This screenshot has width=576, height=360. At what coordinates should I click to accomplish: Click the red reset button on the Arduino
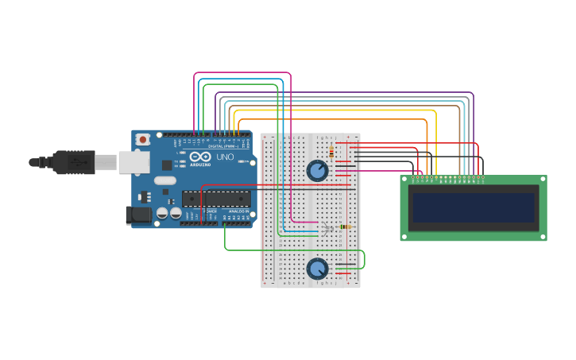(142, 140)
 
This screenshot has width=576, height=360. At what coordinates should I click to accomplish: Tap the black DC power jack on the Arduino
(138, 215)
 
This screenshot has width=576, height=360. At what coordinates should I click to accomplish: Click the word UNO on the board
(225, 157)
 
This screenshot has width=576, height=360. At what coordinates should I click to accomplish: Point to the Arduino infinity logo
(199, 157)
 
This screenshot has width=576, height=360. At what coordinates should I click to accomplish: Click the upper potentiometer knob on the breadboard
(317, 170)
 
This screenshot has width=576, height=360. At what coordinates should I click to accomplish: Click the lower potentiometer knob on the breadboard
(318, 269)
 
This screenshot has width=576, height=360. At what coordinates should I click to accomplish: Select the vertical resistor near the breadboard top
(331, 153)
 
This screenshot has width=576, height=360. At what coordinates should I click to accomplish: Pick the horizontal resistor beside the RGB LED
(345, 226)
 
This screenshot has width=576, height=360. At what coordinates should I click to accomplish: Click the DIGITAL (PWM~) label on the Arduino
(222, 146)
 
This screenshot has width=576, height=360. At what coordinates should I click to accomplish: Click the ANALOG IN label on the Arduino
(238, 211)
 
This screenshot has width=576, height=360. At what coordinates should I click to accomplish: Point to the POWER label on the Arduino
(211, 211)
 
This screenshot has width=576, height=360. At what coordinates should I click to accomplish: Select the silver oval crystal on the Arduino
(165, 180)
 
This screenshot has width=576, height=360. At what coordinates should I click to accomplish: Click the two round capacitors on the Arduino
(168, 213)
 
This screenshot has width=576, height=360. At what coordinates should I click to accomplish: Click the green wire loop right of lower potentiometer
(363, 259)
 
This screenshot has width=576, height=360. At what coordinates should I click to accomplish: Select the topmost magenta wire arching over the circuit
(242, 73)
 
